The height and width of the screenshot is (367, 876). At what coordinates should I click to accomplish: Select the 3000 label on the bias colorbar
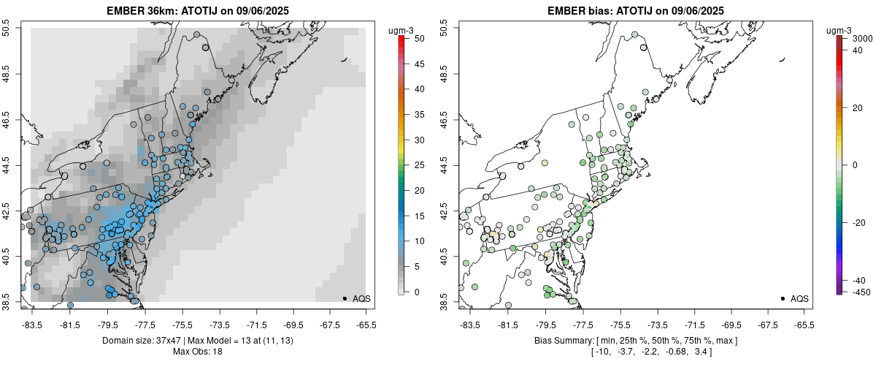(x=863, y=38)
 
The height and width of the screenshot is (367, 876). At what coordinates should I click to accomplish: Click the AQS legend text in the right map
(x=799, y=298)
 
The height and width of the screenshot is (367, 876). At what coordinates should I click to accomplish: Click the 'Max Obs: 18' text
(x=197, y=352)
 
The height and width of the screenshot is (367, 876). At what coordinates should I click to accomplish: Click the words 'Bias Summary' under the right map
(x=561, y=341)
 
